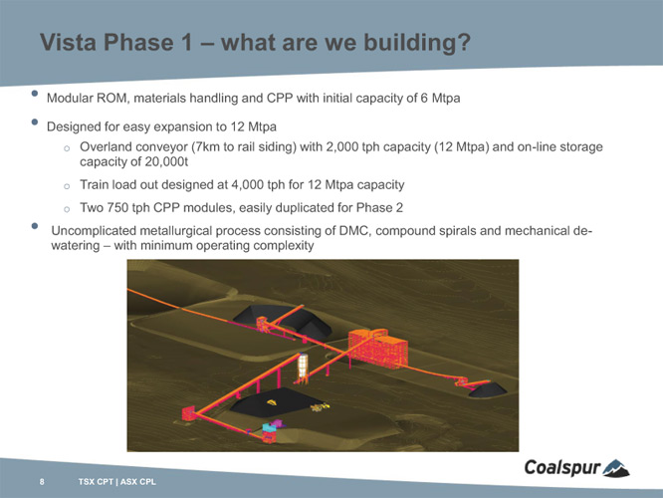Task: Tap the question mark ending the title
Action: pos(464,42)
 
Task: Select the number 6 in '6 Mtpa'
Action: pos(424,99)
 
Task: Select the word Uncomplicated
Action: pos(94,231)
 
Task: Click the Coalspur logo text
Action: pos(562,467)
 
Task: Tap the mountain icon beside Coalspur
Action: pos(616,468)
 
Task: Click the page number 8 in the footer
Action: pos(42,481)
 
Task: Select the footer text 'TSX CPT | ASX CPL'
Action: pos(117,481)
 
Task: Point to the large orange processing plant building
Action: pos(378,349)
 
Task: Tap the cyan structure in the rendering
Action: pos(269,427)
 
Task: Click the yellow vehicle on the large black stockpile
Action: pos(271,402)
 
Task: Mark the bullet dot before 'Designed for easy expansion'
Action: pos(35,123)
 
